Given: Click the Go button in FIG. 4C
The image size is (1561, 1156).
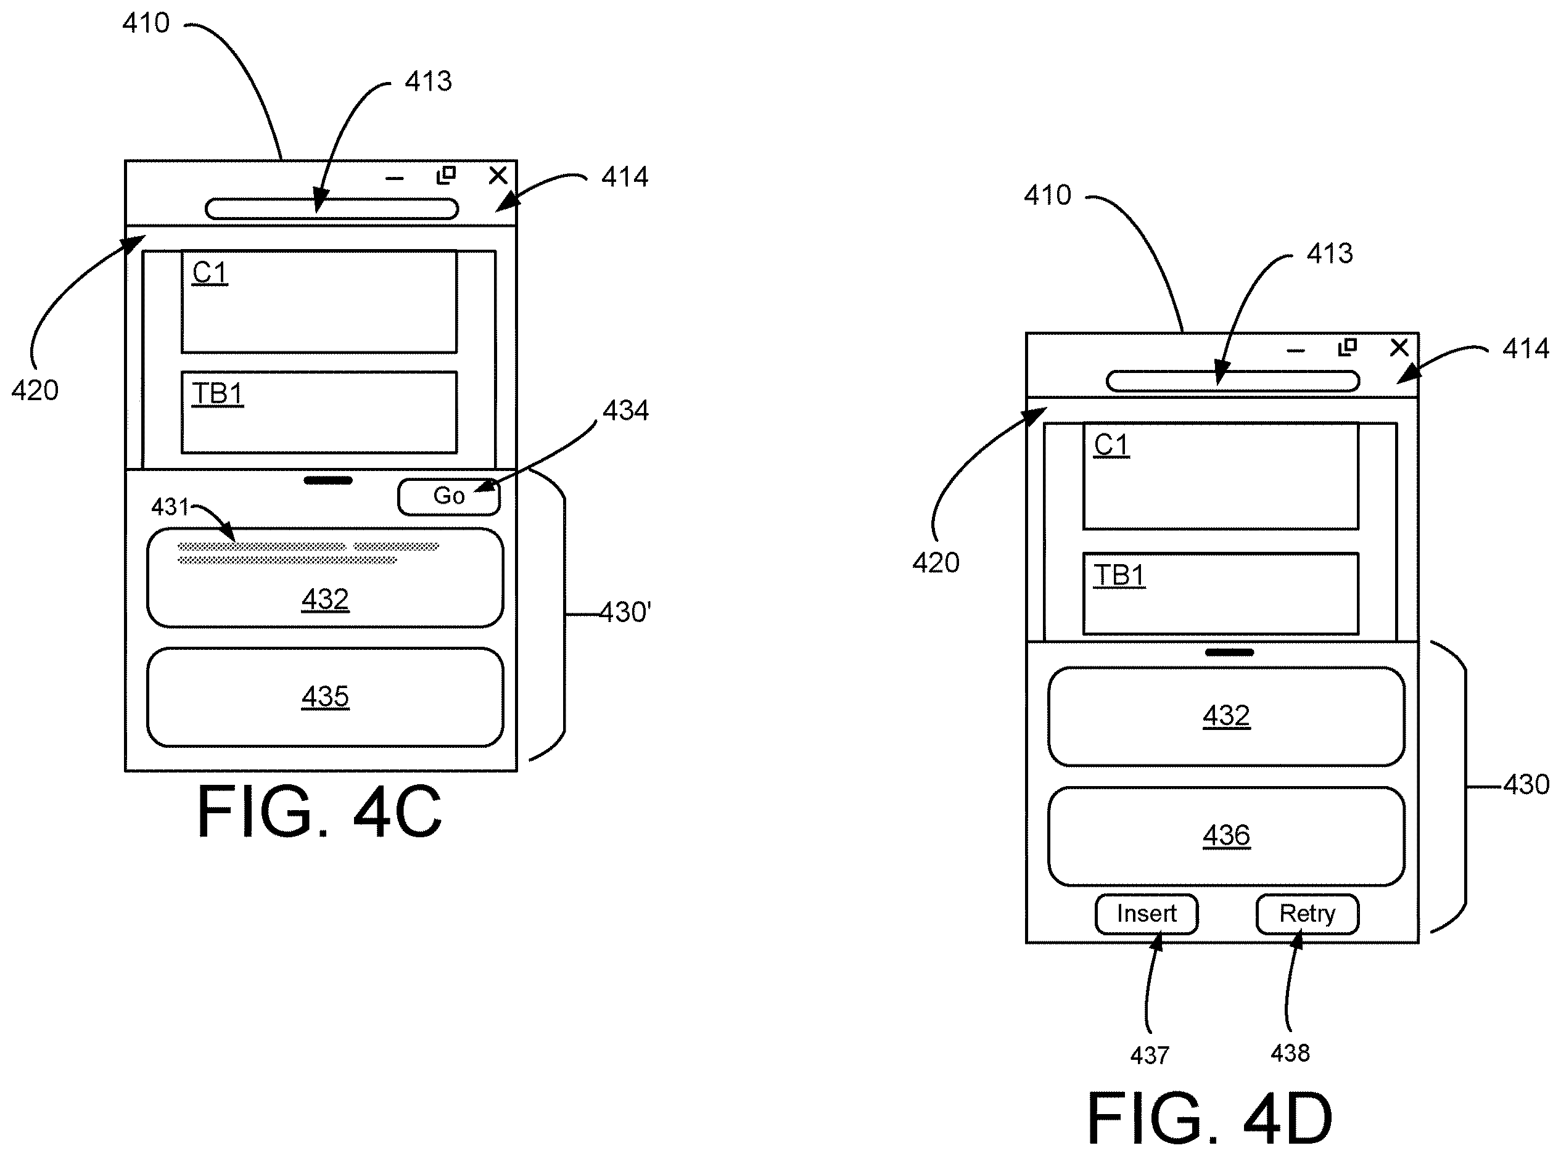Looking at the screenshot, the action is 449,497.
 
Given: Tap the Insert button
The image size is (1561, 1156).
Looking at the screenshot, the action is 1147,914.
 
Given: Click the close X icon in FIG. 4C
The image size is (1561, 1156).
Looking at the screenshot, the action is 498,175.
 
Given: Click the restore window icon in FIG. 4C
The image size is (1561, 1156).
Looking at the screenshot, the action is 446,175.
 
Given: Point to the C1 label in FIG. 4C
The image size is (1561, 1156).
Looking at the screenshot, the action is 210,273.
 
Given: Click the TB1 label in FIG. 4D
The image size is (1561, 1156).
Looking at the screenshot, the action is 1119,576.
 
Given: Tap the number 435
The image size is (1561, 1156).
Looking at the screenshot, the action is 326,697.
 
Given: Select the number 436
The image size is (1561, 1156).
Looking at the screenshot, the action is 1226,835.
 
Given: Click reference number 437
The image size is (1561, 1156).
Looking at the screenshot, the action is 1150,1056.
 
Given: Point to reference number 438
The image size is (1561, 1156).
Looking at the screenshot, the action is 1290,1053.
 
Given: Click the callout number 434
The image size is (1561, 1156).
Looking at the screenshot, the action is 626,411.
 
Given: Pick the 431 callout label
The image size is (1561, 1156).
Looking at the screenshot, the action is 170,507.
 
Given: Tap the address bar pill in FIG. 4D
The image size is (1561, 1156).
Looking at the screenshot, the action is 1233,382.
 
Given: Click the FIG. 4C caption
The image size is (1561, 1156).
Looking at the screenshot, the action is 319,812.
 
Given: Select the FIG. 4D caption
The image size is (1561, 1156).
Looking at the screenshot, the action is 1209,1118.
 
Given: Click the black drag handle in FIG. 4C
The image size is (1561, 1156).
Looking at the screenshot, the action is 328,481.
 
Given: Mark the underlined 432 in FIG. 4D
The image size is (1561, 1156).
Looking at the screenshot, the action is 1226,716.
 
